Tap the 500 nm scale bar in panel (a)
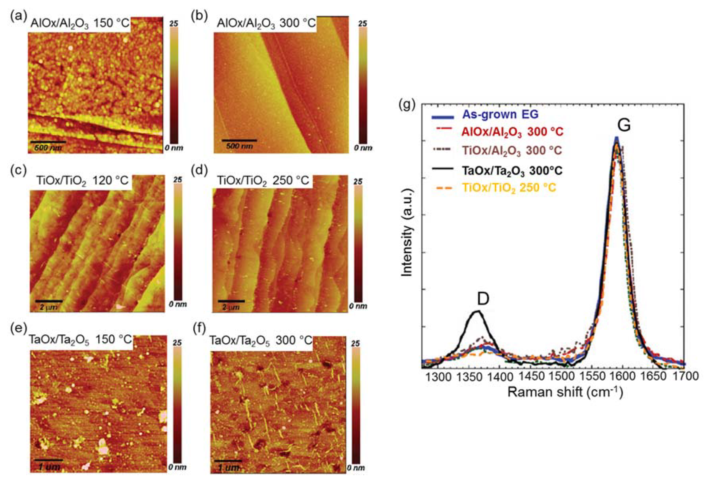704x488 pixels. [47, 142]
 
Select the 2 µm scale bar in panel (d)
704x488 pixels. [231, 301]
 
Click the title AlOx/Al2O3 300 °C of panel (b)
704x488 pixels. [266, 23]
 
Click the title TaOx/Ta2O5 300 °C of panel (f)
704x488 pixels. [261, 341]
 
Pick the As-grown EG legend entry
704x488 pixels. [500, 114]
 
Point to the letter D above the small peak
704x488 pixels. [483, 299]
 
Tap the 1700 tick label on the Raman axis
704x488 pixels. [684, 376]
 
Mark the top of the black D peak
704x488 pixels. [478, 312]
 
